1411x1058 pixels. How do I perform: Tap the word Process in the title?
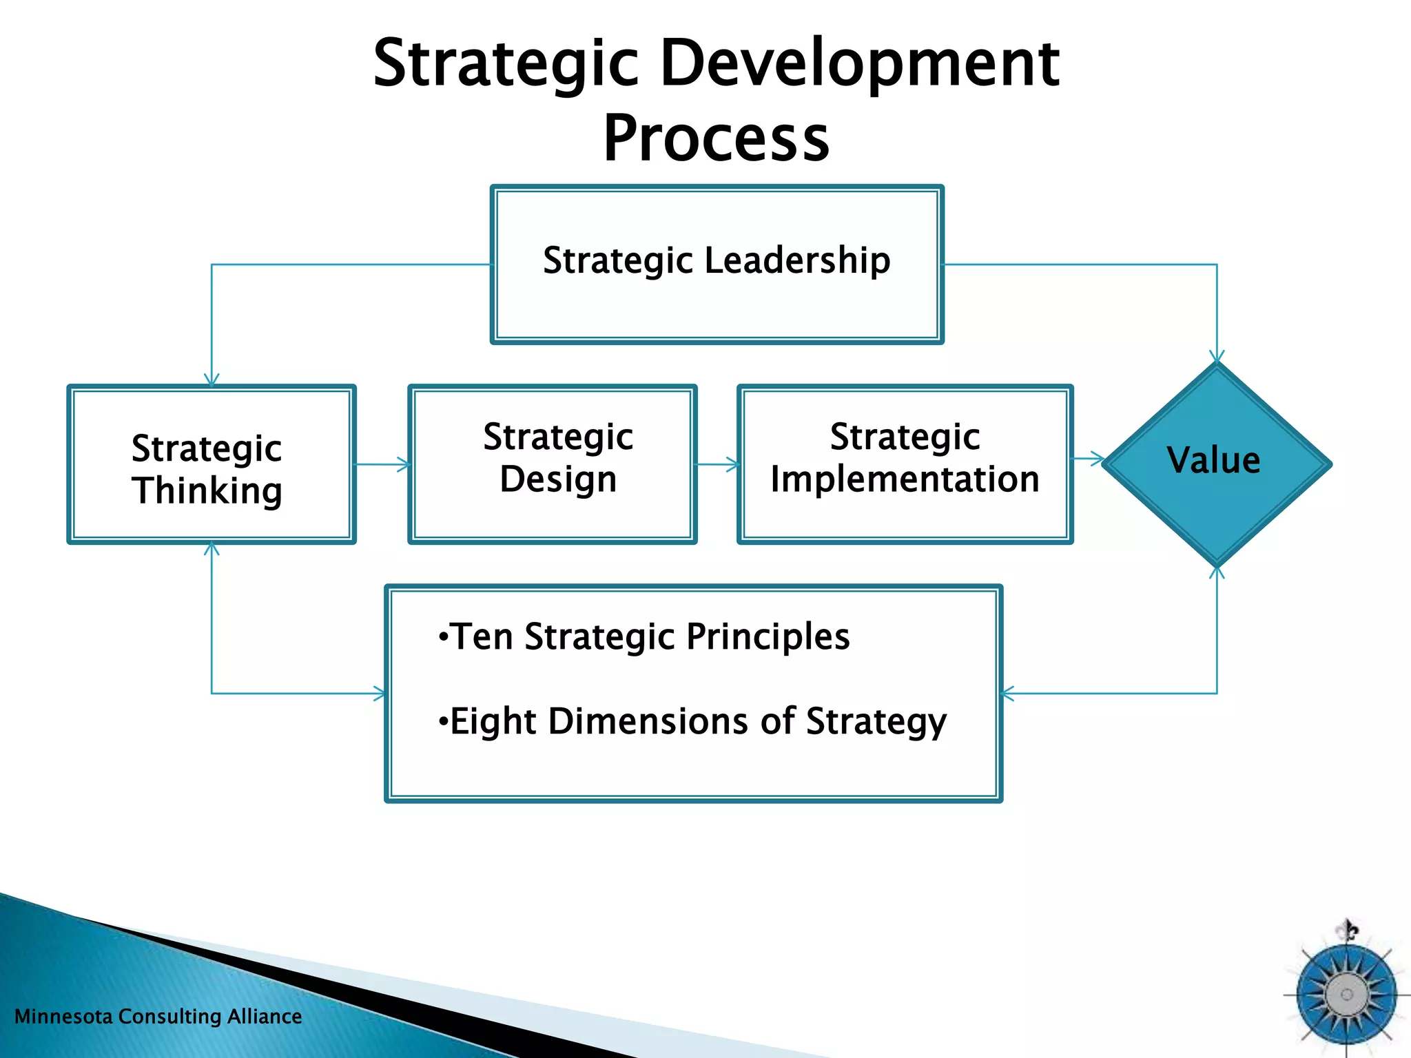pos(717,139)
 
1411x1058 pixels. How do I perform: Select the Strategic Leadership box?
pos(717,303)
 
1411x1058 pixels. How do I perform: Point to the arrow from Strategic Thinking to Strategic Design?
pos(383,464)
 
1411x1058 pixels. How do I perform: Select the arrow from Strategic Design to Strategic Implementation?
pos(718,464)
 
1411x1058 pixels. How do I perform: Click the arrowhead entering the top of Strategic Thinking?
pos(212,380)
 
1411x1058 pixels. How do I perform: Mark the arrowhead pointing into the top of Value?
pos(1217,357)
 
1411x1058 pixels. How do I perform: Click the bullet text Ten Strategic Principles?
pos(644,636)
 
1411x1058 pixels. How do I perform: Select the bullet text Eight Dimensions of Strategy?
pos(692,722)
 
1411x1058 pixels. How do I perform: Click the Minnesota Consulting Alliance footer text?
pos(158,1017)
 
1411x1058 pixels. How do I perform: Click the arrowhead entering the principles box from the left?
pos(380,694)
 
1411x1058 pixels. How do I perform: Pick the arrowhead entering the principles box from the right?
pos(1008,694)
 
